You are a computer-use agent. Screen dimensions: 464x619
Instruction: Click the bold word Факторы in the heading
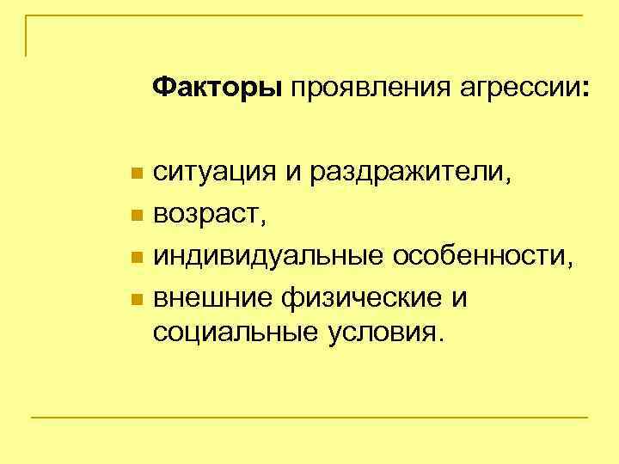click(x=218, y=88)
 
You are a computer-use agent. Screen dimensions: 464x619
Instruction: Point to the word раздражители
click(x=405, y=174)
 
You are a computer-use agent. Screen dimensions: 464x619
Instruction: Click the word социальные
click(x=227, y=333)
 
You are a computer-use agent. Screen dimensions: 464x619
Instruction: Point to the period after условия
click(x=443, y=339)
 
